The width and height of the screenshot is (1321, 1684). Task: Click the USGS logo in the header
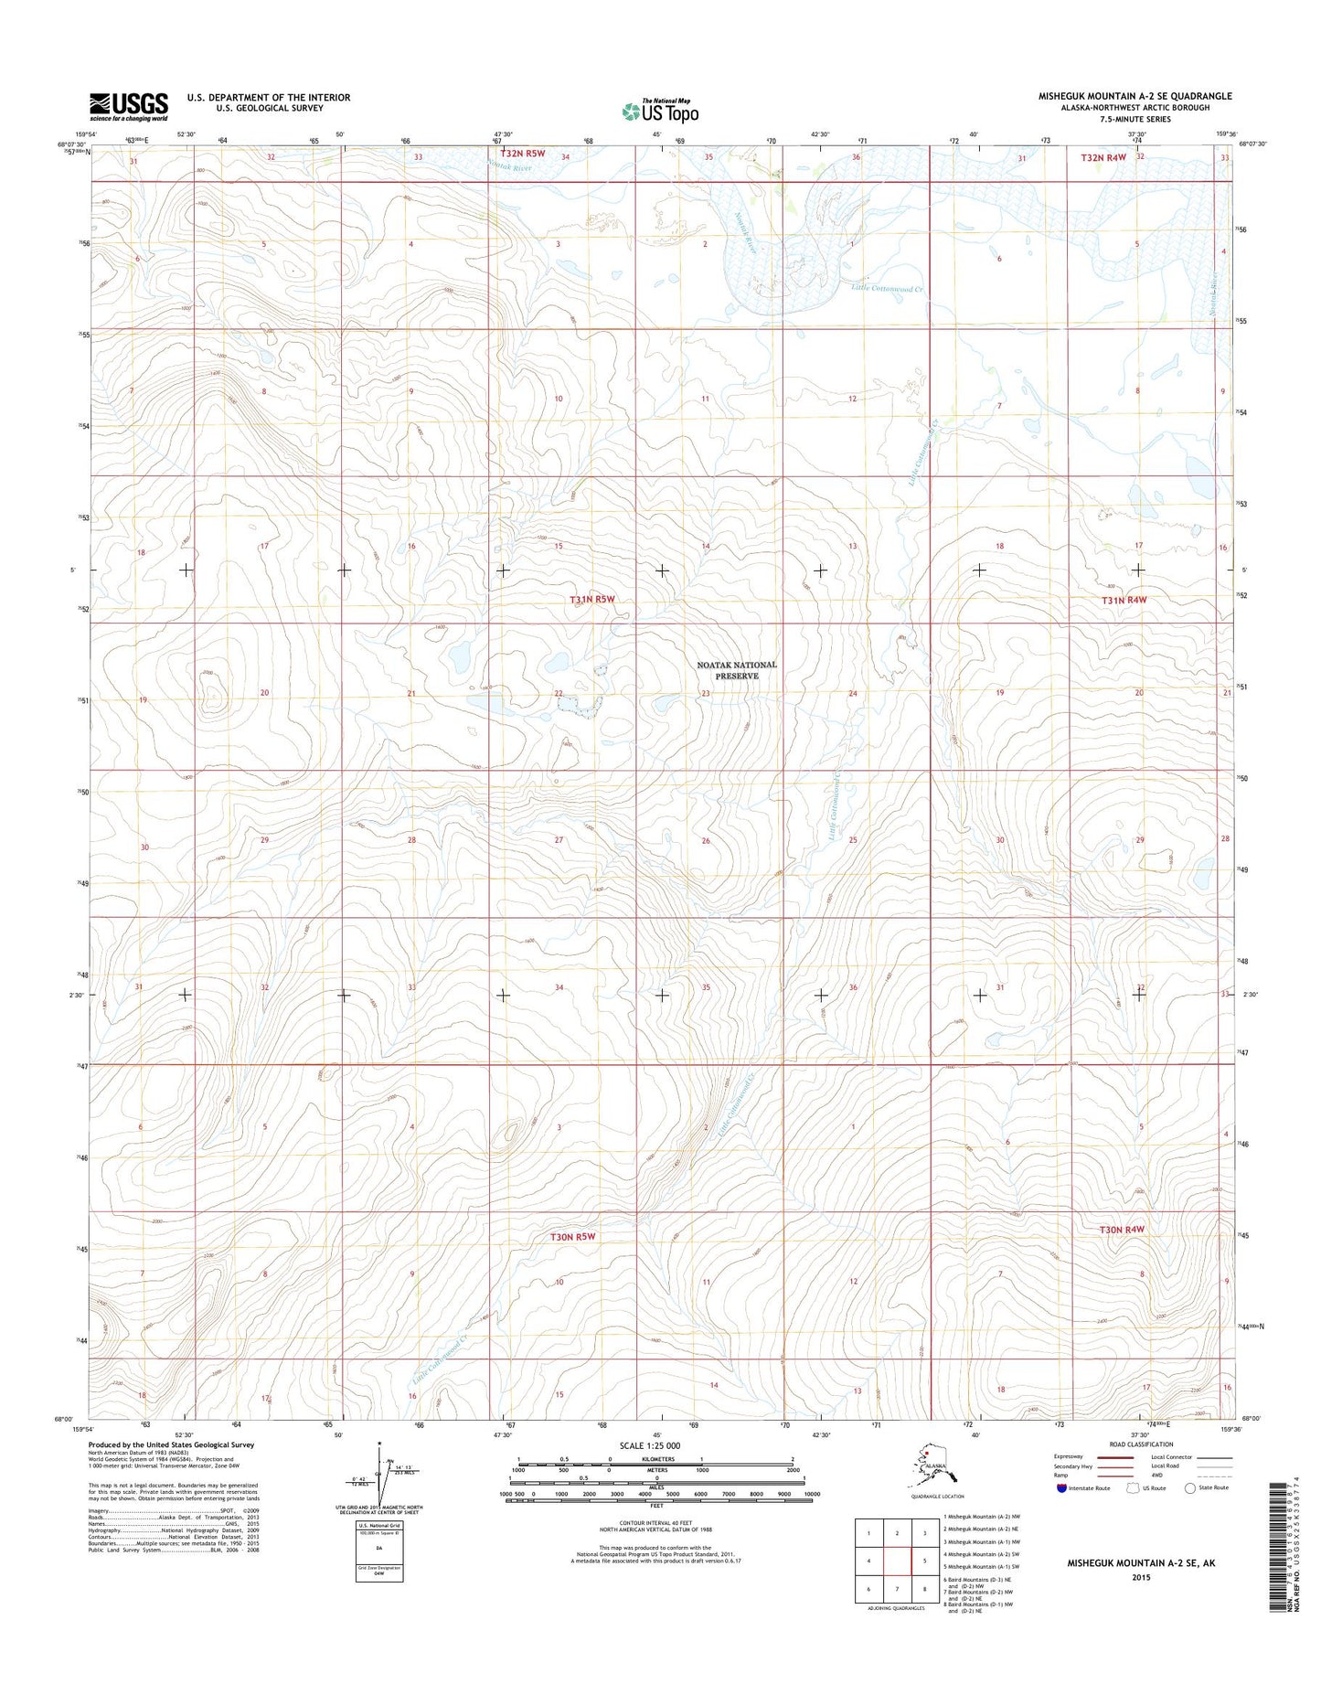click(129, 106)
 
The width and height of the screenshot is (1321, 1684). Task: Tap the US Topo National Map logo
click(660, 112)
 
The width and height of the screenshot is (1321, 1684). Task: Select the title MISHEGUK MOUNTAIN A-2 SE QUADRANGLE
click(1135, 96)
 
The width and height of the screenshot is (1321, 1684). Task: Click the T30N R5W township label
click(572, 1237)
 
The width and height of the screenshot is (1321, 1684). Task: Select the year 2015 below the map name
click(1141, 1577)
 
